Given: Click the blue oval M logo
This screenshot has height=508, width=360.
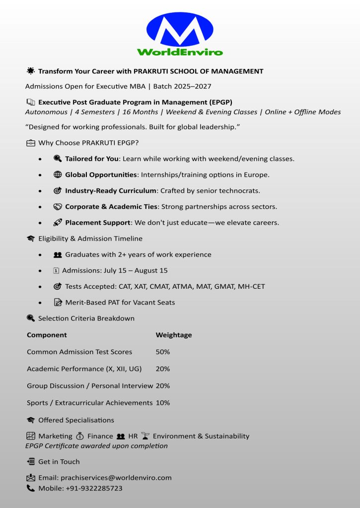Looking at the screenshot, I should pyautogui.click(x=179, y=31).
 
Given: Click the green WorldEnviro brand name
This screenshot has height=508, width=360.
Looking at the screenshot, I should pyautogui.click(x=180, y=52).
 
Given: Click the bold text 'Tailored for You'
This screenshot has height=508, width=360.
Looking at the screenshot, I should pyautogui.click(x=92, y=159).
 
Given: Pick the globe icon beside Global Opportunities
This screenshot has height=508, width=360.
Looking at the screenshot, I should pyautogui.click(x=57, y=175).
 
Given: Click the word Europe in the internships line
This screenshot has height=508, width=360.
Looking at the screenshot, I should pyautogui.click(x=256, y=175).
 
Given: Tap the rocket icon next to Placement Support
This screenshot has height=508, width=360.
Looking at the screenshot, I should pyautogui.click(x=57, y=222).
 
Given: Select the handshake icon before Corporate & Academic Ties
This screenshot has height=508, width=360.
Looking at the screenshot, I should pyautogui.click(x=57, y=206).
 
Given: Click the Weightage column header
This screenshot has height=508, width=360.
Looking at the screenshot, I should pyautogui.click(x=174, y=335).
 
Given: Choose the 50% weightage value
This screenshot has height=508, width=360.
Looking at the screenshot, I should pyautogui.click(x=163, y=352).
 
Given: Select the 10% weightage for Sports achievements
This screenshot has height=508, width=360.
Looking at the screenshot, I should pyautogui.click(x=163, y=403).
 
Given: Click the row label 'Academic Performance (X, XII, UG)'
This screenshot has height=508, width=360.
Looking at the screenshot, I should pyautogui.click(x=84, y=369).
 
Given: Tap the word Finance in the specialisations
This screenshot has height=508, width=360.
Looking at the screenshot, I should pyautogui.click(x=100, y=436).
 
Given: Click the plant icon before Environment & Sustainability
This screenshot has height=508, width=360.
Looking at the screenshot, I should pyautogui.click(x=145, y=436).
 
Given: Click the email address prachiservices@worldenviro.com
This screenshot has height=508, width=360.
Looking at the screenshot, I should pyautogui.click(x=116, y=478).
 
